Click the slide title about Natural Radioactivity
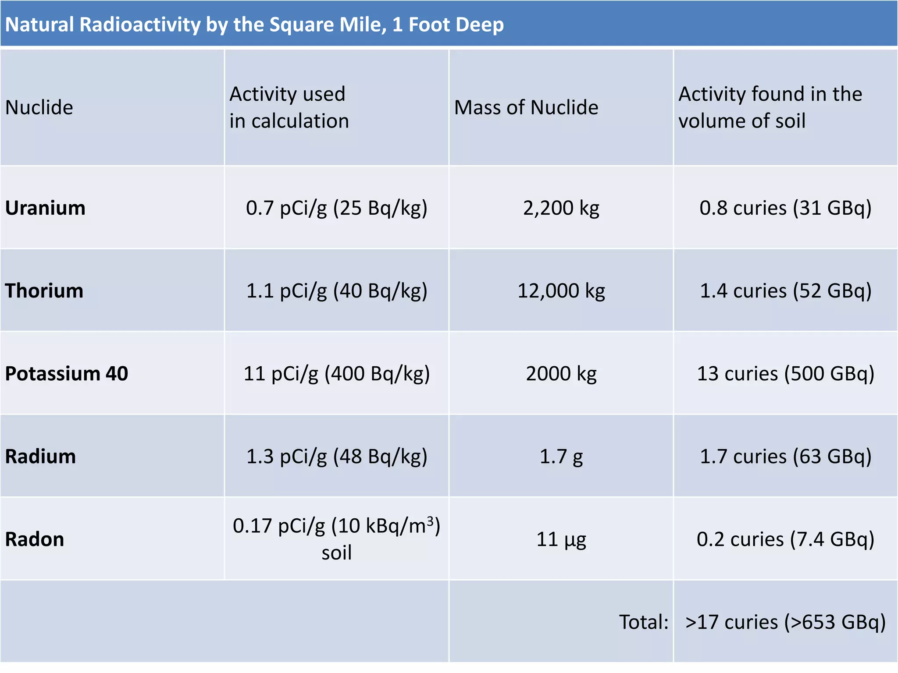click(254, 25)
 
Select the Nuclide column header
click(39, 108)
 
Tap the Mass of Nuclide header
click(526, 108)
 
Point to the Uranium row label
click(45, 208)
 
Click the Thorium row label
click(44, 291)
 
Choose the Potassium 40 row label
click(66, 374)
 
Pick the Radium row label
click(40, 457)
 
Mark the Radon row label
click(35, 539)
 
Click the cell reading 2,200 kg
click(561, 208)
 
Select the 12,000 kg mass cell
click(561, 291)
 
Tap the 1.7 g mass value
click(561, 457)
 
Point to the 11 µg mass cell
click(561, 539)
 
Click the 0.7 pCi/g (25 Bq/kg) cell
click(336, 208)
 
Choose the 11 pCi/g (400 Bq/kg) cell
click(336, 374)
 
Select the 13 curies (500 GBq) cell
click(785, 374)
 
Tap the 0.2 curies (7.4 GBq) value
click(785, 539)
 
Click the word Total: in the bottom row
click(643, 622)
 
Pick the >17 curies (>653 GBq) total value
click(785, 622)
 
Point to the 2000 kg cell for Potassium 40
click(561, 374)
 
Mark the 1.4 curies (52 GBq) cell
click(785, 291)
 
